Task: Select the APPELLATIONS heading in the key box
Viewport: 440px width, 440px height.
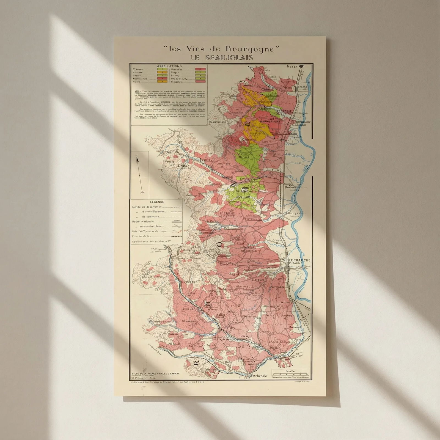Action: coord(169,66)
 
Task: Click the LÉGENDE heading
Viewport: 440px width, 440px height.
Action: coord(157,202)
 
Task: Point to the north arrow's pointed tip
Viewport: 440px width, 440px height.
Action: coord(137,157)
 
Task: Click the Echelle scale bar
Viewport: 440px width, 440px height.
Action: coord(290,373)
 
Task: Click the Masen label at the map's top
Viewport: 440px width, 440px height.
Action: coord(292,67)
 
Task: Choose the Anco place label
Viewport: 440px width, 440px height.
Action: coord(285,302)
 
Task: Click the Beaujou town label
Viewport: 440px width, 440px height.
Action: coord(206,159)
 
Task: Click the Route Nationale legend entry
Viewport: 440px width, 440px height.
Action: coord(143,221)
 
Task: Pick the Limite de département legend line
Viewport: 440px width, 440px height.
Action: coord(147,207)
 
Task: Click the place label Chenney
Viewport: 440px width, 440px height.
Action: coord(265,332)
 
